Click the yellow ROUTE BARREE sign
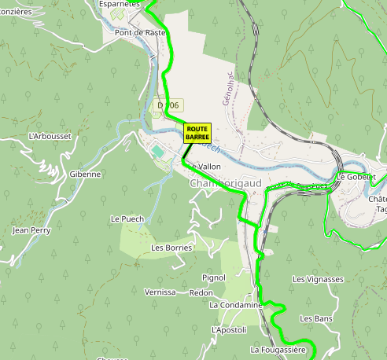197,133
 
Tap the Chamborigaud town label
225,182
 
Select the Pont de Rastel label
140,33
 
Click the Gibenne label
85,174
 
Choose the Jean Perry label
31,230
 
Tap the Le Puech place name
127,219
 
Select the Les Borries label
171,248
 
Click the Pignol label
214,277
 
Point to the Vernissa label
160,292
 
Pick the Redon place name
201,292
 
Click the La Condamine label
235,305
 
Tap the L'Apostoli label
229,330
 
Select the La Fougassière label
276,349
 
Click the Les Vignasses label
318,279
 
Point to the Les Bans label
316,318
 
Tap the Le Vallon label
204,167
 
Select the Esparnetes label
119,4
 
